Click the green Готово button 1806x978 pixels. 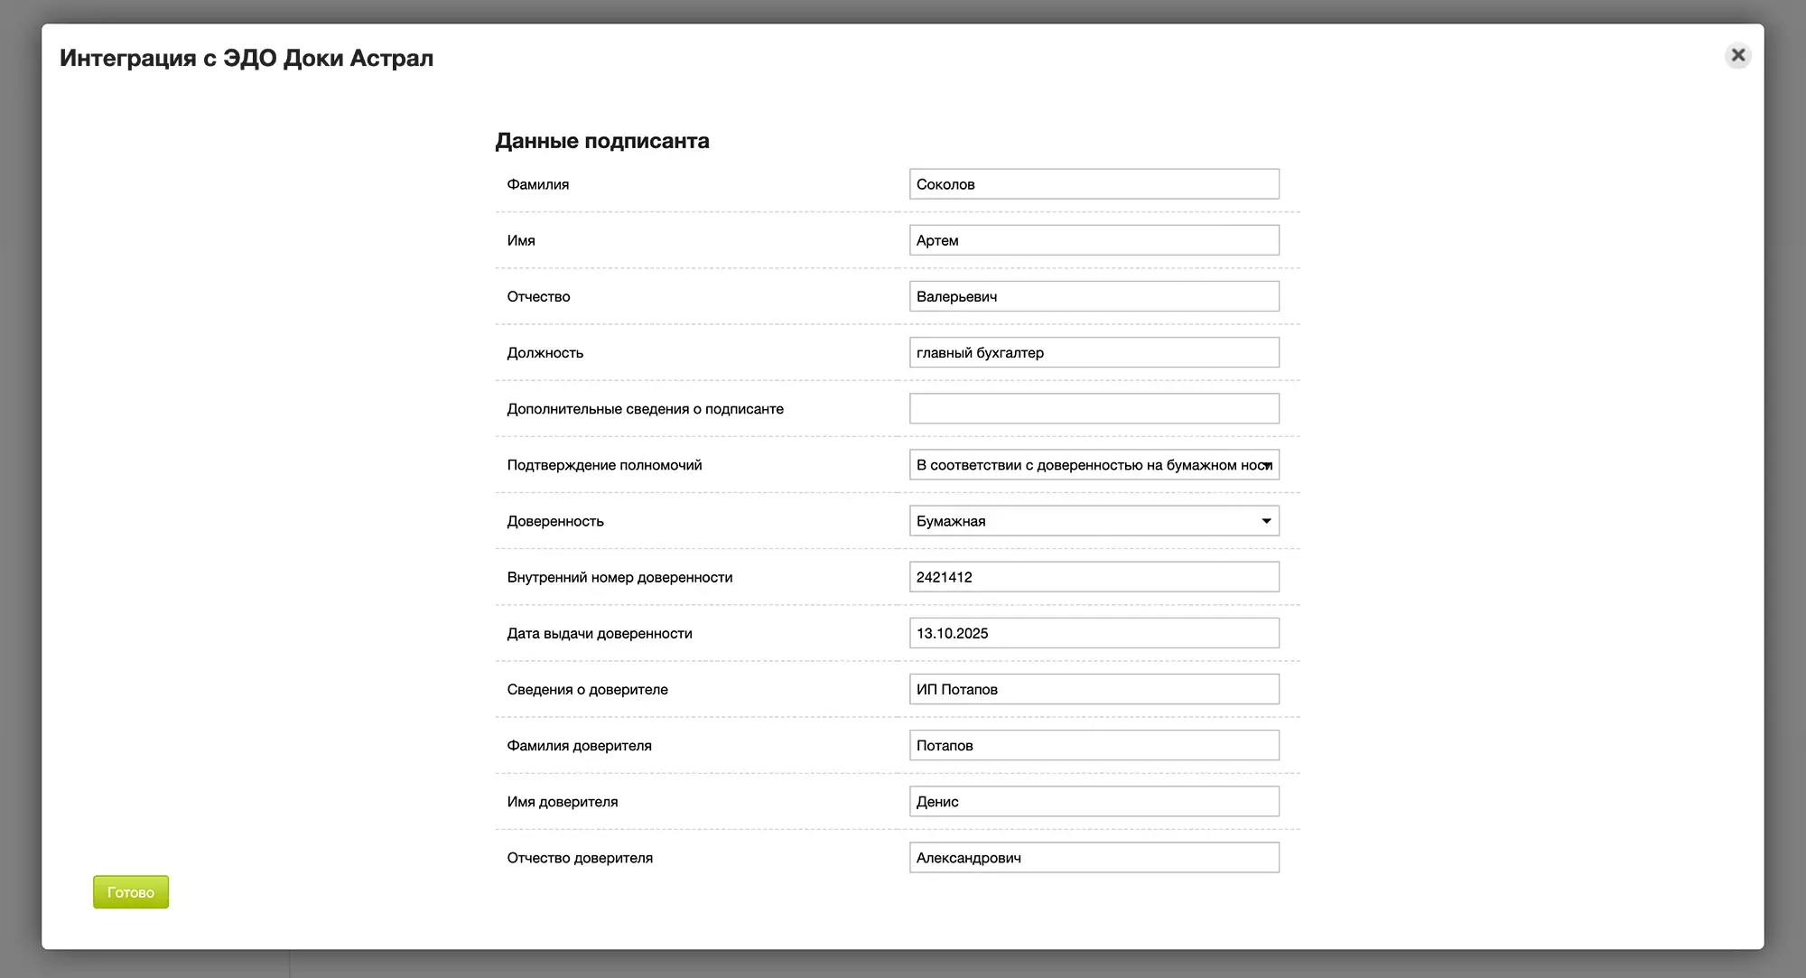click(131, 892)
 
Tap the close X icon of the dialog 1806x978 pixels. click(1737, 55)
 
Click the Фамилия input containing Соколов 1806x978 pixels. click(1094, 184)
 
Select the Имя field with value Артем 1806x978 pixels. click(1094, 240)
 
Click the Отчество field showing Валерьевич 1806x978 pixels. click(1094, 296)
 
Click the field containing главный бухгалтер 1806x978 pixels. click(1094, 352)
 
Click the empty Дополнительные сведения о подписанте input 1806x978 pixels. click(1094, 408)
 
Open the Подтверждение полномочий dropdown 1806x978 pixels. click(1094, 465)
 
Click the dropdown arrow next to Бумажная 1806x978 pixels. click(1266, 521)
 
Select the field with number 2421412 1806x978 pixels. click(1094, 577)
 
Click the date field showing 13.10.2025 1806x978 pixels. click(1094, 633)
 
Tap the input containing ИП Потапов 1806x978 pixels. click(1094, 689)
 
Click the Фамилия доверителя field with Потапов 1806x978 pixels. click(1094, 745)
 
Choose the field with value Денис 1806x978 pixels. click(1094, 801)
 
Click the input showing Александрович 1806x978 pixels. click(1094, 858)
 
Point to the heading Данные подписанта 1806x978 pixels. click(602, 141)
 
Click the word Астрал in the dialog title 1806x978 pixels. click(392, 58)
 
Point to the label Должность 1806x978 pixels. click(545, 353)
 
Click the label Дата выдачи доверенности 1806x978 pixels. click(600, 634)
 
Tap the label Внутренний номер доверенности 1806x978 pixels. click(619, 578)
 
